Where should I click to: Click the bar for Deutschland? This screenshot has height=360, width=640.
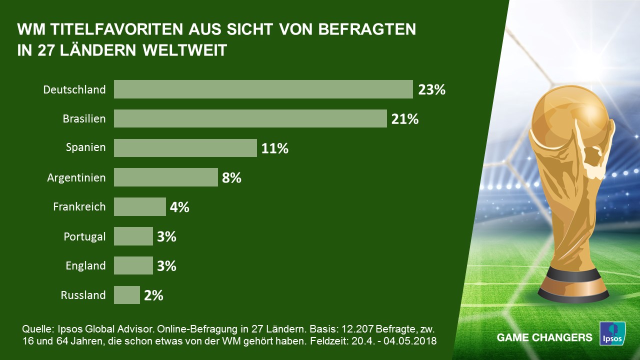(x=263, y=89)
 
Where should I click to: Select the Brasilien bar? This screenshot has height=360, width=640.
(x=250, y=119)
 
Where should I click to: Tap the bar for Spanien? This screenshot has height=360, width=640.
(x=185, y=148)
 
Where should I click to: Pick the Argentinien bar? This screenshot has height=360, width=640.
(x=165, y=177)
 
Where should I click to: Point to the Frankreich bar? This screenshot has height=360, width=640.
(x=139, y=206)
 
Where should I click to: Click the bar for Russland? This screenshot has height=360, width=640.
(x=126, y=294)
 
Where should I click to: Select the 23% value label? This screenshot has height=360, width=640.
(x=431, y=90)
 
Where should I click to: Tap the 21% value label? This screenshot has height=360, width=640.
(x=404, y=119)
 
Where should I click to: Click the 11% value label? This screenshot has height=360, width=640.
(x=274, y=148)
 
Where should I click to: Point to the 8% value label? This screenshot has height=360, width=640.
(x=231, y=177)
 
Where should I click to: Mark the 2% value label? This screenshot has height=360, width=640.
(x=153, y=295)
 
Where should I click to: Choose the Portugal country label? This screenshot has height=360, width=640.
(x=84, y=236)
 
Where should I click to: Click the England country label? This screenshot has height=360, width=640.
(x=85, y=265)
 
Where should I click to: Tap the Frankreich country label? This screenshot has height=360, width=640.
(x=79, y=206)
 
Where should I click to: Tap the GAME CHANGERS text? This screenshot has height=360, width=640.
(x=544, y=337)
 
